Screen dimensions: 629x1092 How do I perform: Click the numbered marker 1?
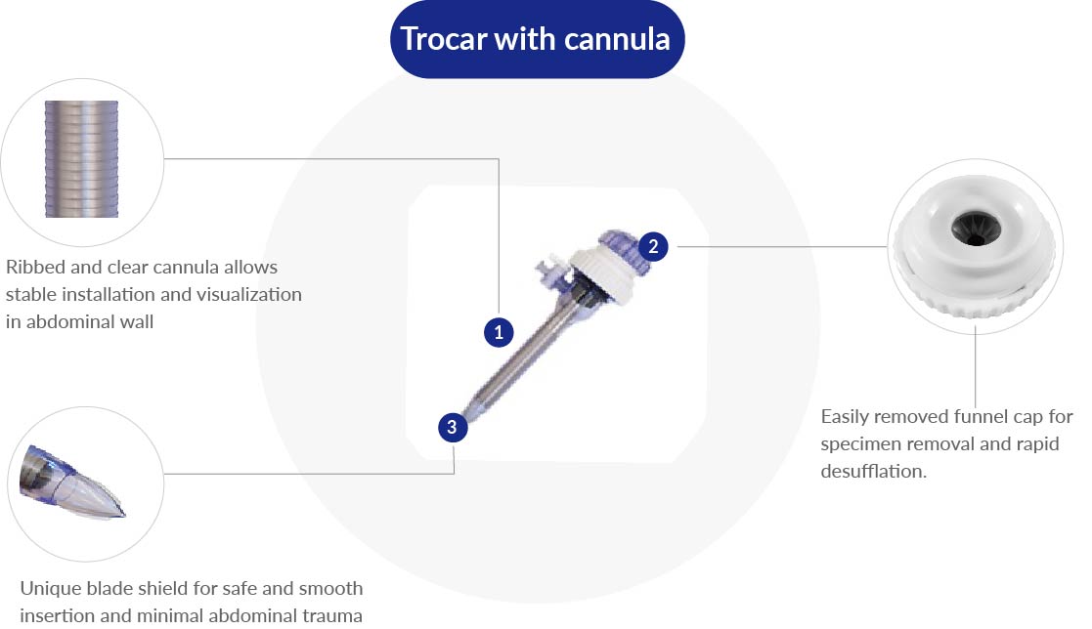(499, 332)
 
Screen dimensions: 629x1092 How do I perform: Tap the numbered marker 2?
(653, 246)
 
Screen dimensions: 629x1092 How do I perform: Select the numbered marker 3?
(451, 427)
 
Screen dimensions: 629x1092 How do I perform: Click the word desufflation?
(874, 471)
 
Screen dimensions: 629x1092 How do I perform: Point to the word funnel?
(987, 417)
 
